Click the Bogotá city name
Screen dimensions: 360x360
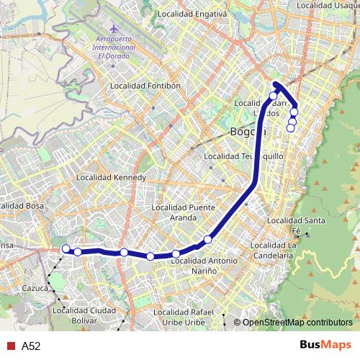(x=247, y=132)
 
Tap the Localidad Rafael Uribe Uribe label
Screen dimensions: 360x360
(x=186, y=316)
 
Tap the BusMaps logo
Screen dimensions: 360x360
(x=325, y=346)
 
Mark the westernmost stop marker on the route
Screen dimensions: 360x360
(x=66, y=249)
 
